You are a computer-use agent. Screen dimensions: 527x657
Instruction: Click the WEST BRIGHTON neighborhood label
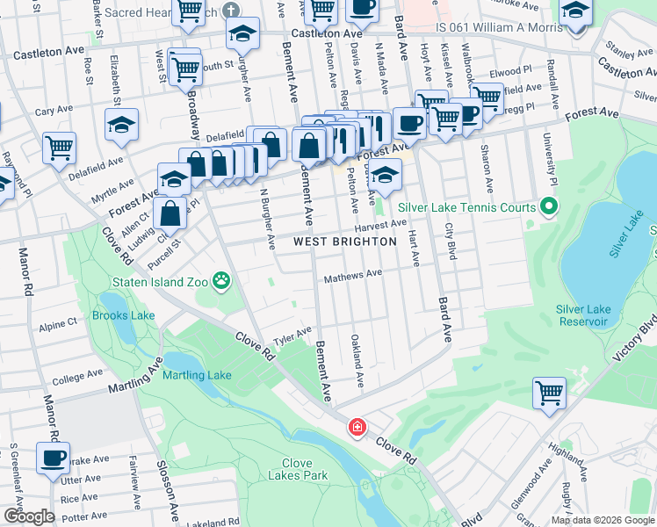(345, 241)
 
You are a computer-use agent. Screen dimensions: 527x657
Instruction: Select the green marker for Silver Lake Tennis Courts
(549, 207)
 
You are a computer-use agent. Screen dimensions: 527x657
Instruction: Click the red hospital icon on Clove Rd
(357, 428)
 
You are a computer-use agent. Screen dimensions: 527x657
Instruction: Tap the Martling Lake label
(197, 375)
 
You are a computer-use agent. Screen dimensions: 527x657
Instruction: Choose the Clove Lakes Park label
(292, 469)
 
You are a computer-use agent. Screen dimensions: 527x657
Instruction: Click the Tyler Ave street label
(292, 336)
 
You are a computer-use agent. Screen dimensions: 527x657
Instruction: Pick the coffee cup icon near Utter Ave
(53, 457)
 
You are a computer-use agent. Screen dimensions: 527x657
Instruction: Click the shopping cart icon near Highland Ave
(549, 393)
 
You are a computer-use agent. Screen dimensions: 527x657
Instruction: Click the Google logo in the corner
(29, 516)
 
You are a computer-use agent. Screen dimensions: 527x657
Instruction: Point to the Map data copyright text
(602, 520)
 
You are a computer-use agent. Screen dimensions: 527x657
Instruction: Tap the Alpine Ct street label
(58, 325)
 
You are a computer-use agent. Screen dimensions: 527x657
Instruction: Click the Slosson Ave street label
(170, 497)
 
